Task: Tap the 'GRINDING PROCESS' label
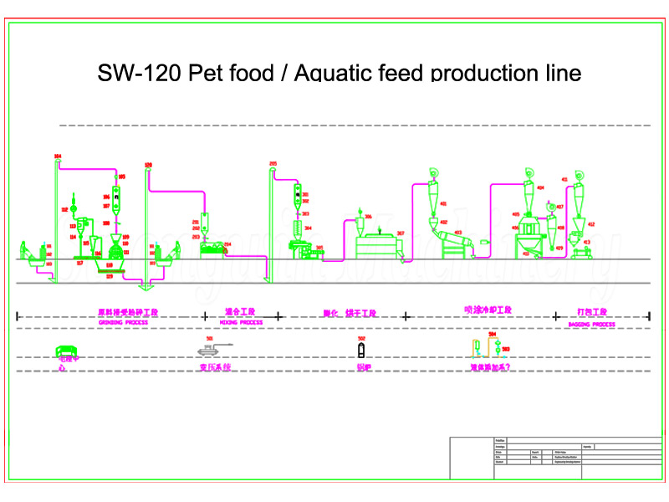tap(123, 322)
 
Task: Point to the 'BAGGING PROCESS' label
tap(591, 324)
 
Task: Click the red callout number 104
tap(58, 156)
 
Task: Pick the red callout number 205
tap(273, 162)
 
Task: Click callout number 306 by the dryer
tap(368, 217)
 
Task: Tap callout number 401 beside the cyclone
tap(443, 203)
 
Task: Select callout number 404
tap(540, 188)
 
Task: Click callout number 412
tap(591, 224)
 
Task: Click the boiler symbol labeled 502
tap(361, 350)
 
